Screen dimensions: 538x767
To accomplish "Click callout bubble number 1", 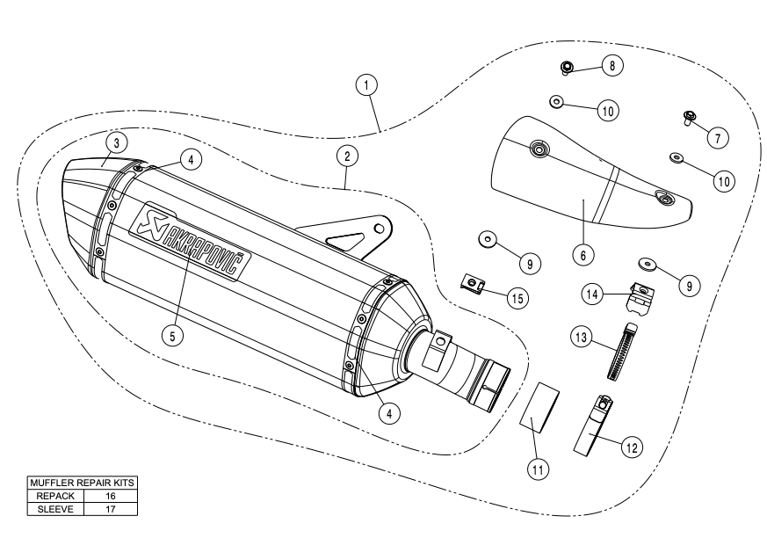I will tap(367, 84).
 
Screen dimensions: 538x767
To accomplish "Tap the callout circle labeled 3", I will tap(114, 142).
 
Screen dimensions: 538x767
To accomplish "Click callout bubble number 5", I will tap(177, 334).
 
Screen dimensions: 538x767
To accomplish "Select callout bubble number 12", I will tap(630, 446).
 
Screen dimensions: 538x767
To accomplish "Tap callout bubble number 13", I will tap(581, 336).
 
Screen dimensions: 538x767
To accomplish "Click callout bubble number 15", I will tap(517, 298).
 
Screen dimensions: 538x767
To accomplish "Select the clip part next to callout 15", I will tap(474, 283).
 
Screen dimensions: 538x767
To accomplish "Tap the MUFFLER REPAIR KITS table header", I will tap(85, 483).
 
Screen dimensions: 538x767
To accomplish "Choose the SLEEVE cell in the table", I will tap(54, 508).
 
